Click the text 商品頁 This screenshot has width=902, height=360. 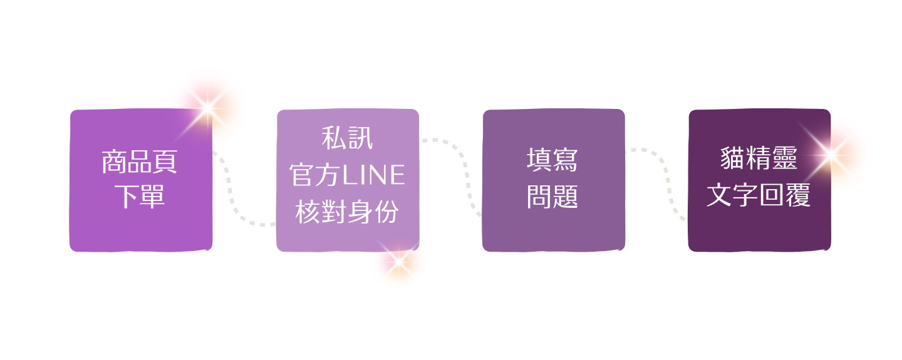coord(140,162)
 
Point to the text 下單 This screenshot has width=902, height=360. coord(140,197)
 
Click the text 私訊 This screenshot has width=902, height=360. coord(347,138)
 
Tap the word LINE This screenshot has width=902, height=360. coord(375,176)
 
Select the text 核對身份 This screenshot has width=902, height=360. coord(347,213)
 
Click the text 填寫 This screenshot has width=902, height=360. coord(552,160)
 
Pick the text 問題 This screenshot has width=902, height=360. coord(552,197)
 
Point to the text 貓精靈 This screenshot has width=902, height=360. coord(759,159)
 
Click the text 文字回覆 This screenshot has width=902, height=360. coord(759,196)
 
